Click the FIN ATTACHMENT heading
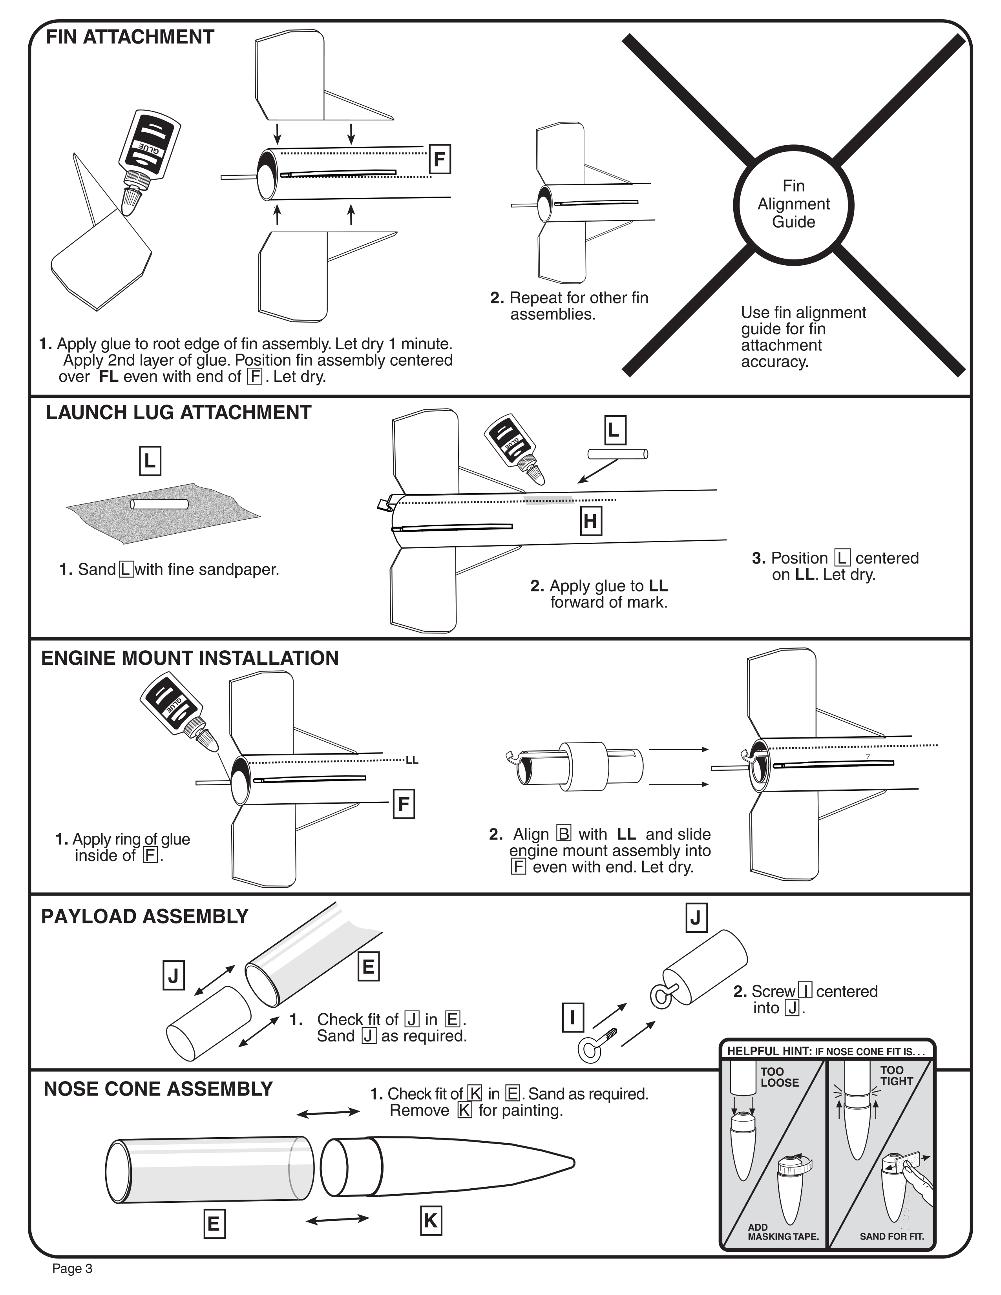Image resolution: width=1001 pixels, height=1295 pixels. pyautogui.click(x=130, y=37)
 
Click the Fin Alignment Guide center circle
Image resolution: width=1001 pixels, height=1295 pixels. pyautogui.click(x=793, y=204)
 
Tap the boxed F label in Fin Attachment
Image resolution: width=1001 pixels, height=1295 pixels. pyautogui.click(x=439, y=159)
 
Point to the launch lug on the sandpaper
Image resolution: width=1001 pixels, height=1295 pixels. pyautogui.click(x=159, y=505)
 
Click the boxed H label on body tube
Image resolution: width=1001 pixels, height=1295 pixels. pyautogui.click(x=590, y=521)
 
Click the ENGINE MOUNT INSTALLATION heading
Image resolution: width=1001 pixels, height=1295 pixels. pyautogui.click(x=190, y=658)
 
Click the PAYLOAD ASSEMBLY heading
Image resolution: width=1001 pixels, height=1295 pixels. pyautogui.click(x=145, y=916)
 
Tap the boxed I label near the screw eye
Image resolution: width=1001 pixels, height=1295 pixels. pyautogui.click(x=572, y=1018)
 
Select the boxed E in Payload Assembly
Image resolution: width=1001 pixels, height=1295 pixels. pyautogui.click(x=368, y=967)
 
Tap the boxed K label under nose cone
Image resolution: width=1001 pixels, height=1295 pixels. pyautogui.click(x=431, y=1221)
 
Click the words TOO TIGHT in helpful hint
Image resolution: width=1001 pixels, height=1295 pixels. pyautogui.click(x=896, y=1076)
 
